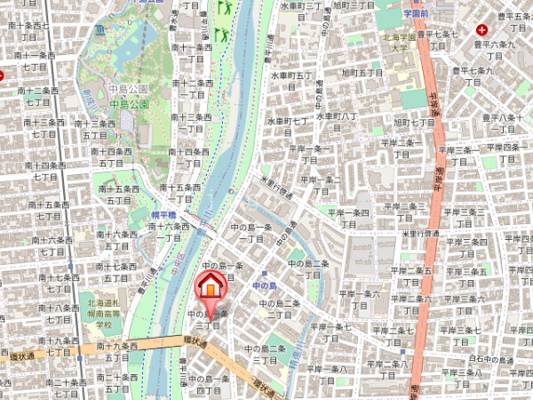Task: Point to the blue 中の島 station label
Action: pyautogui.click(x=265, y=285)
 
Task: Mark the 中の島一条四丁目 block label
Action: pyautogui.click(x=207, y=382)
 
